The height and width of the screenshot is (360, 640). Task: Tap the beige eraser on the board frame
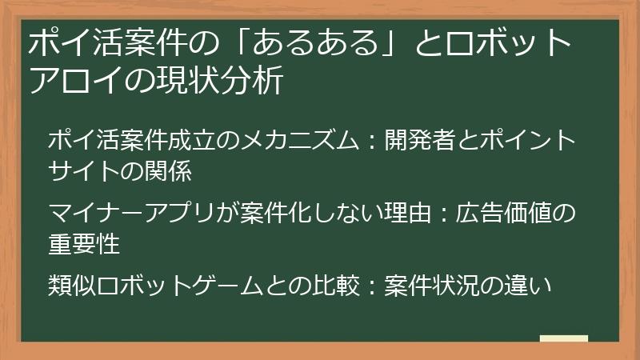(564, 340)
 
